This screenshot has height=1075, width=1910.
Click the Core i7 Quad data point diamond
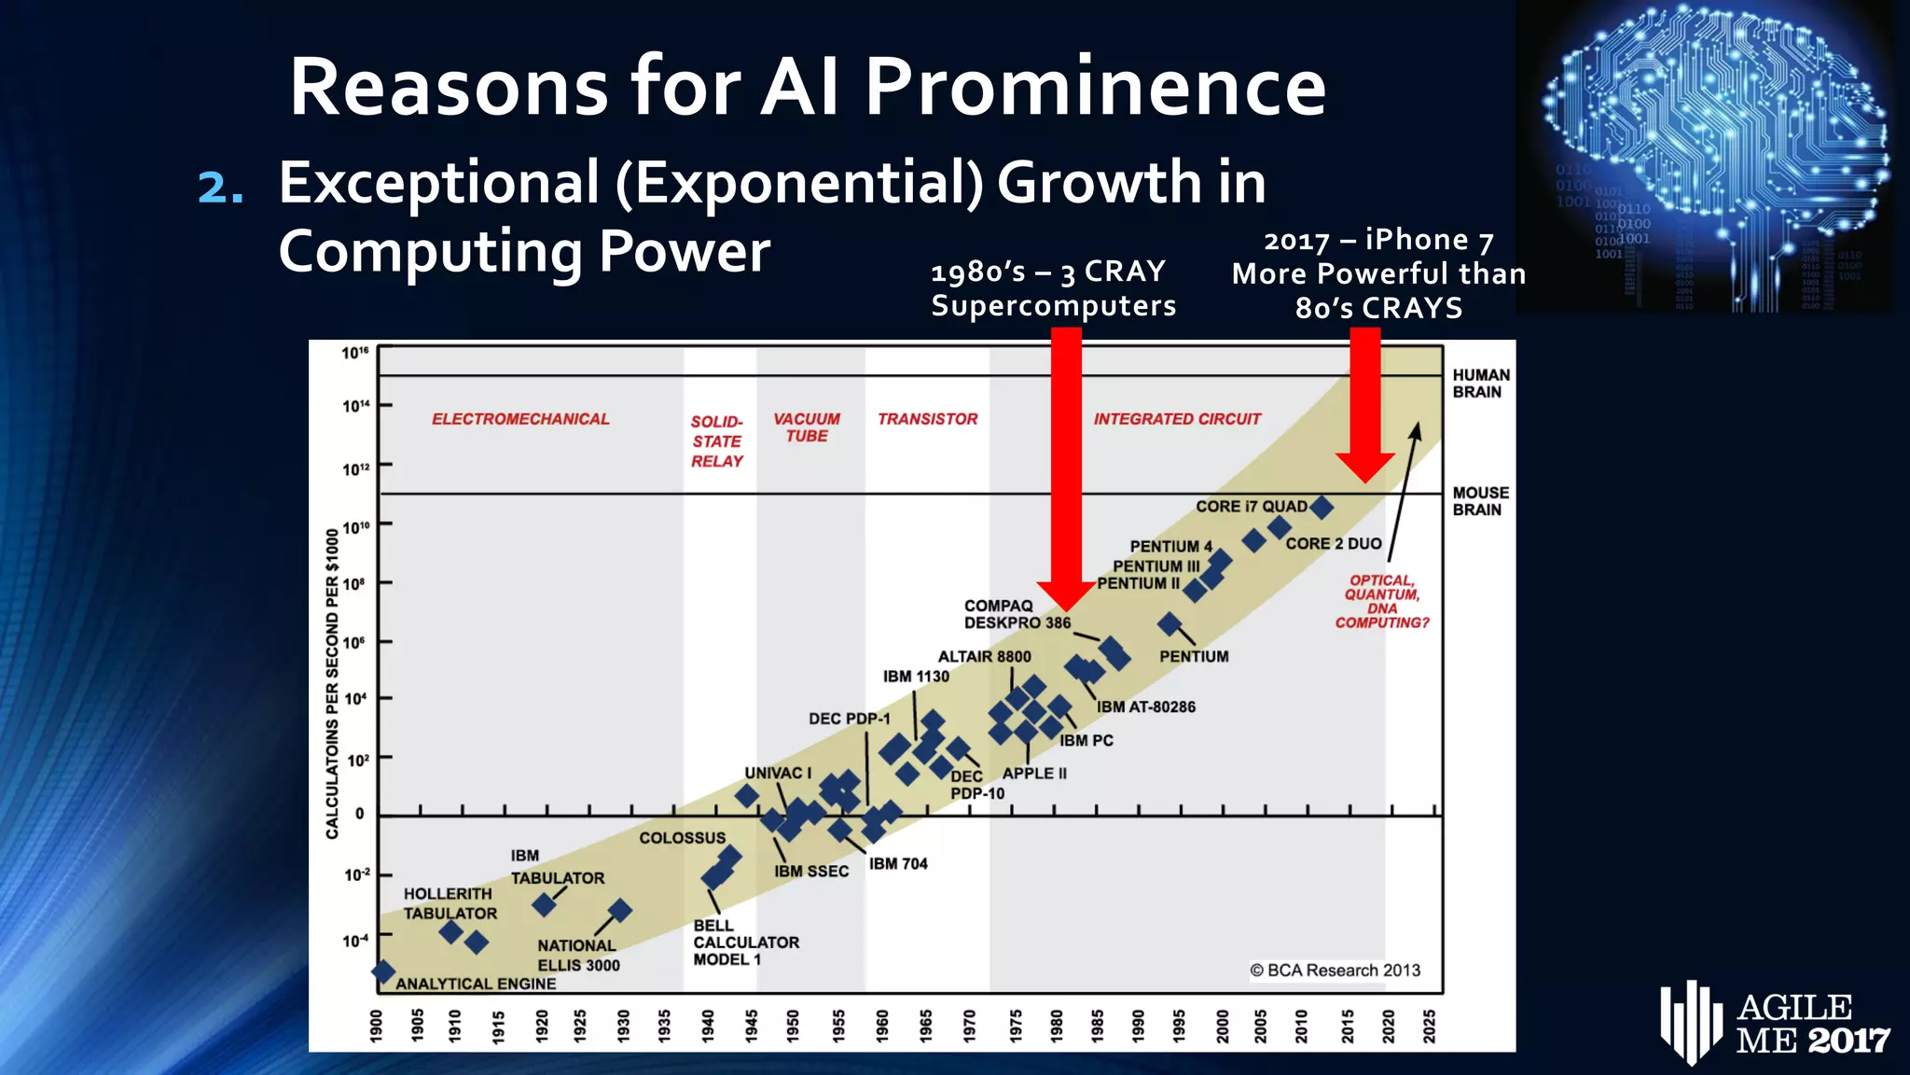click(x=1322, y=508)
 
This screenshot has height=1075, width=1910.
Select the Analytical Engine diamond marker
click(x=382, y=971)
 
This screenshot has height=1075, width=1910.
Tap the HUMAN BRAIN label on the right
click(x=1480, y=384)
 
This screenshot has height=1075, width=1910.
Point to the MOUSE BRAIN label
click(x=1480, y=501)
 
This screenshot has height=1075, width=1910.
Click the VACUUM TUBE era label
click(x=806, y=427)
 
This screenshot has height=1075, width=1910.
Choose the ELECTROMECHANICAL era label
click(x=520, y=419)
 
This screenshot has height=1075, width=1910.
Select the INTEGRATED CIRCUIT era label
click(x=1177, y=419)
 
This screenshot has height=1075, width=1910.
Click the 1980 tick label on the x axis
click(x=1056, y=1025)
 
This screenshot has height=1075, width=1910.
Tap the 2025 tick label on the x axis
click(x=1429, y=1025)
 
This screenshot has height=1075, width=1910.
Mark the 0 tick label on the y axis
click(x=359, y=814)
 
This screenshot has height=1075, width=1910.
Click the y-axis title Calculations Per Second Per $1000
click(x=333, y=684)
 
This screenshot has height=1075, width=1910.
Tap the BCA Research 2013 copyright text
click(x=1335, y=970)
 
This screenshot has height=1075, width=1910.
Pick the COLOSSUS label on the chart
click(x=682, y=838)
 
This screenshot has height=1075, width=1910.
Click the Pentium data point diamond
click(x=1170, y=623)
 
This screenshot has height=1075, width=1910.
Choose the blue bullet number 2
click(x=221, y=186)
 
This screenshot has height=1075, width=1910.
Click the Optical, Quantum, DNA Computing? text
click(x=1382, y=602)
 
